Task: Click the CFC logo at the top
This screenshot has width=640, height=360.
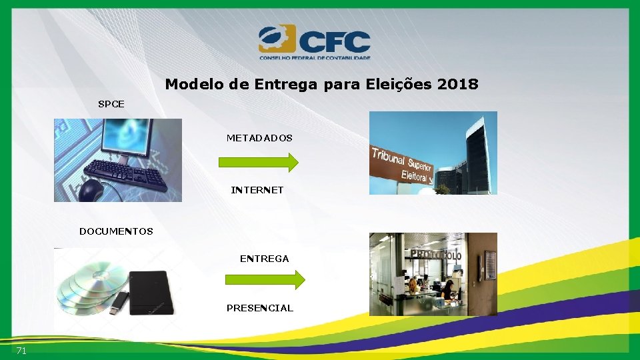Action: tap(314, 43)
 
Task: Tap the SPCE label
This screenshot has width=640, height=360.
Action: tap(111, 104)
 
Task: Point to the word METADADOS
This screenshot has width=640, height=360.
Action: tap(259, 138)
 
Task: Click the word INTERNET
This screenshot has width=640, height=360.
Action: tap(257, 190)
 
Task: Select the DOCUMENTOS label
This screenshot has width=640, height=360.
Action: tap(116, 231)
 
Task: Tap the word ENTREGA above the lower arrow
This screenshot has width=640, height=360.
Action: tap(264, 259)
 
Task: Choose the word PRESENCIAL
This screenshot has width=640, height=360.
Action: tap(259, 308)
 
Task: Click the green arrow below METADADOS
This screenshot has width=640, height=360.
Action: tap(259, 162)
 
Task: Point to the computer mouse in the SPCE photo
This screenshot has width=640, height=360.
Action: tap(91, 191)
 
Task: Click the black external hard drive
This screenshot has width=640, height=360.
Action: tap(151, 293)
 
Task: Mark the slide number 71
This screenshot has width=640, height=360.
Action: tap(21, 351)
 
